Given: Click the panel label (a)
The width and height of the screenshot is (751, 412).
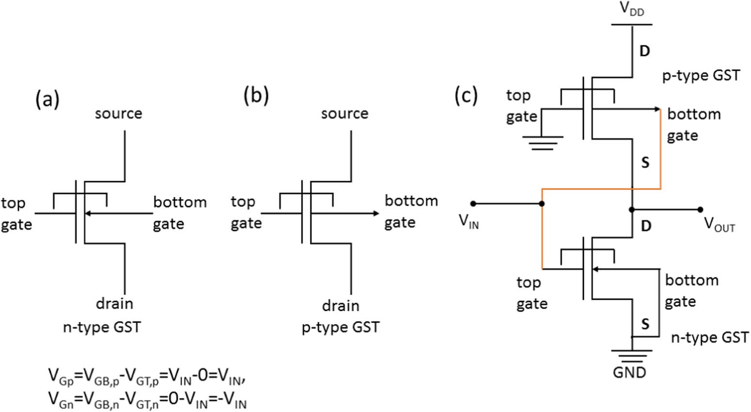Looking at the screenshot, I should click(x=47, y=99).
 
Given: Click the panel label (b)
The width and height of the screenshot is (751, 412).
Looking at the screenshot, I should click(x=256, y=96).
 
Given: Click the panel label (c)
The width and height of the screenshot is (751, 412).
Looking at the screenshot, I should click(x=466, y=95).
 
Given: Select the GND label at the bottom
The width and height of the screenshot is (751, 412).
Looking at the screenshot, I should click(x=629, y=372).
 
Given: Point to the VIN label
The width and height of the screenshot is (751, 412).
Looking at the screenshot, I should click(x=469, y=221).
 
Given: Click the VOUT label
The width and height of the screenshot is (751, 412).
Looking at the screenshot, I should click(x=719, y=224).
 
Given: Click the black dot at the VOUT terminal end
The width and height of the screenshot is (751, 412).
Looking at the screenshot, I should click(x=700, y=210).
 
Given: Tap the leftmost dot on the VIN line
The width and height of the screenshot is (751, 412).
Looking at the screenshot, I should click(x=473, y=204).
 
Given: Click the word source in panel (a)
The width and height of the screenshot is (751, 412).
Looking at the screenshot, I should click(x=118, y=114).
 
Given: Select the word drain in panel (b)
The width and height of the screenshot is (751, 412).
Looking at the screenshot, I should click(x=341, y=306).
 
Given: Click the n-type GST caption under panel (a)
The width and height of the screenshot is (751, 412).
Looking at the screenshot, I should click(x=102, y=327).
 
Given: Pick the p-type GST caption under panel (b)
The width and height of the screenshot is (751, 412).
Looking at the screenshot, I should click(x=341, y=327).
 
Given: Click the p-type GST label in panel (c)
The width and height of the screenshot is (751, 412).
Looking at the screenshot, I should click(x=701, y=76).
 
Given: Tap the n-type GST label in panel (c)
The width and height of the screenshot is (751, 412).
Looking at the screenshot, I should click(x=710, y=337).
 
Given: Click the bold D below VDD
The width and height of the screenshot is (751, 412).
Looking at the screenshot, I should click(x=644, y=51).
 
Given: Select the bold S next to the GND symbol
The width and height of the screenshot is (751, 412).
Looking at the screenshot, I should click(x=645, y=323).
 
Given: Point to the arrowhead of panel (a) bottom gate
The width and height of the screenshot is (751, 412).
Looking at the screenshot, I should click(x=88, y=213).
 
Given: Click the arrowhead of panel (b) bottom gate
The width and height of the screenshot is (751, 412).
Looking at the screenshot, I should click(x=376, y=213).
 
